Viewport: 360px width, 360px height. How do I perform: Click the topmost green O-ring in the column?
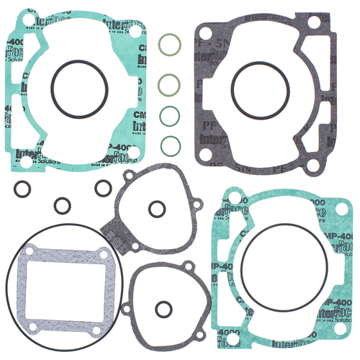tap(167, 42)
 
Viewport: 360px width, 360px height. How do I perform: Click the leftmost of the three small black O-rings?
tap(23, 189)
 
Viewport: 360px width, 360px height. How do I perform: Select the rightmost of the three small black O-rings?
tap(103, 188)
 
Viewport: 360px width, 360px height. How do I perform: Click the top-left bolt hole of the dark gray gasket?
tap(204, 30)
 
